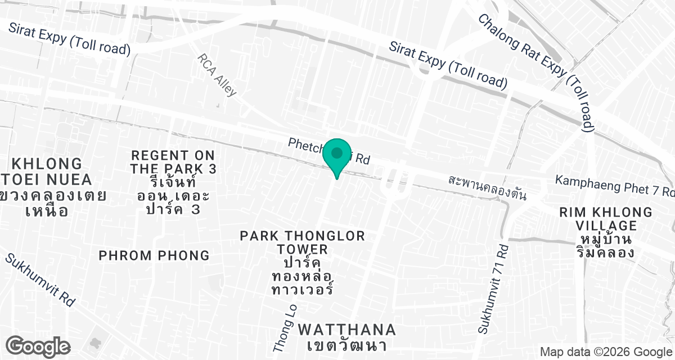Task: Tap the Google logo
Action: click(38, 346)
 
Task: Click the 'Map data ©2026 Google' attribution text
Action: click(606, 352)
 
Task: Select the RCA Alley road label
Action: click(217, 75)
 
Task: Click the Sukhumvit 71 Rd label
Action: click(492, 290)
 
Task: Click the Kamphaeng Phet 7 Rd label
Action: click(614, 186)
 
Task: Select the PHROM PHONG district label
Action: click(154, 255)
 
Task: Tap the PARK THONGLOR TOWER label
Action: click(303, 242)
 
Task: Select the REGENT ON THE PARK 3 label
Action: click(173, 162)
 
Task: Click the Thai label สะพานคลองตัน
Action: click(487, 188)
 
